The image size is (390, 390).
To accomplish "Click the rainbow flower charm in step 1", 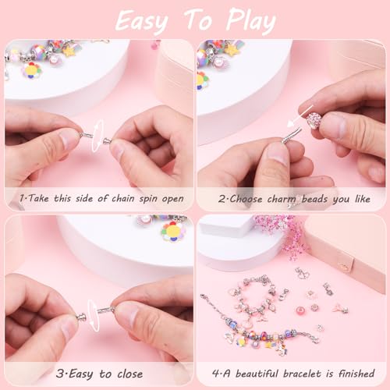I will click(32, 70).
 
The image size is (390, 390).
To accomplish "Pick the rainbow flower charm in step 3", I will click(172, 231).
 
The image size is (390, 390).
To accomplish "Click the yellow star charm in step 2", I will click(232, 50).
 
